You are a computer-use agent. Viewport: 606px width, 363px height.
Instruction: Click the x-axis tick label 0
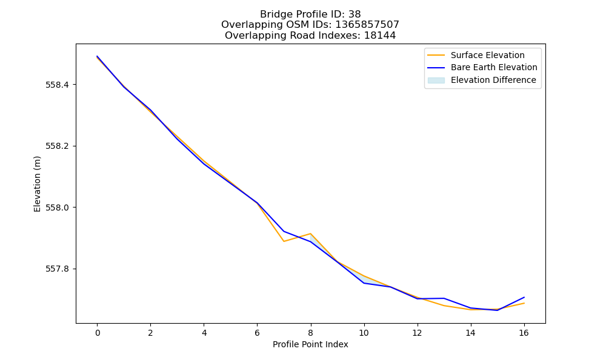[98, 333]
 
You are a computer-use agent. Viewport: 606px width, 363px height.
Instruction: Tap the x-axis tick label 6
[258, 333]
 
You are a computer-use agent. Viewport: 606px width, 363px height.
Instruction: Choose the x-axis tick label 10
[364, 333]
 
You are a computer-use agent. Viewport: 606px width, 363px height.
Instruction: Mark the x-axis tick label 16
[524, 333]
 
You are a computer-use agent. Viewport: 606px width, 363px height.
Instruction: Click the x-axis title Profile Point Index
[310, 344]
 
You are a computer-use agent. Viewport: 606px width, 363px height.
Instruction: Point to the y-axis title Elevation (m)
[37, 184]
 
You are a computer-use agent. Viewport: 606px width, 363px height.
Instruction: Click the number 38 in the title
[355, 15]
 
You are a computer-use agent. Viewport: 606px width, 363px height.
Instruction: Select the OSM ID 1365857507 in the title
[367, 25]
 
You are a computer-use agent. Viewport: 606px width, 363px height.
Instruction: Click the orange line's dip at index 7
[284, 241]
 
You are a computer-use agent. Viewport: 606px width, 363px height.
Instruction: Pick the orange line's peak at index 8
[310, 234]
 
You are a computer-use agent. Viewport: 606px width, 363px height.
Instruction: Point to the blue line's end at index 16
[524, 297]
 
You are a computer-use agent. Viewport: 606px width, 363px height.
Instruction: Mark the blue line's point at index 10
[364, 283]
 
